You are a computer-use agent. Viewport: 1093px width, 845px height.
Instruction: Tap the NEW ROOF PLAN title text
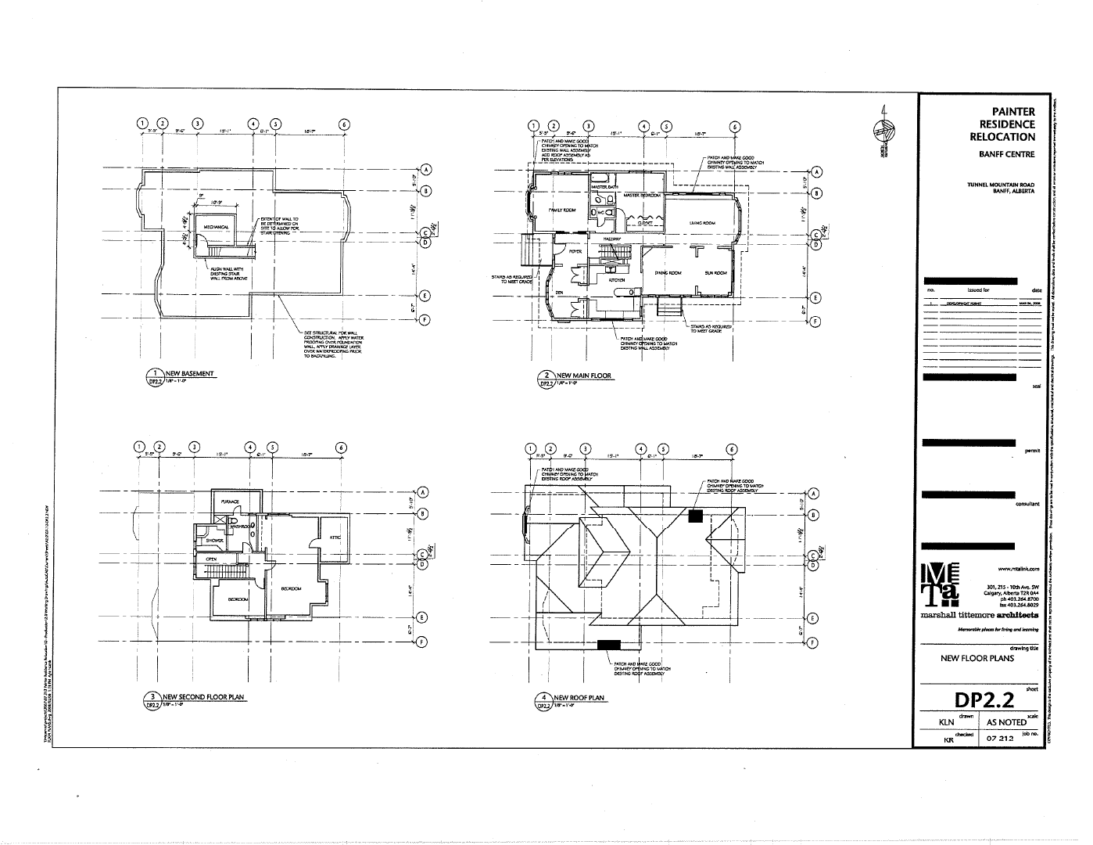point(579,698)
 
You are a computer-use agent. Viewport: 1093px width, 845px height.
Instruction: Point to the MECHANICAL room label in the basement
point(216,227)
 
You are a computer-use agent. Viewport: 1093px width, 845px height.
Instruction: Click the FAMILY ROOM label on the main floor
point(561,210)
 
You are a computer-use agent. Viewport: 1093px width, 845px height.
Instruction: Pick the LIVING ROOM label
point(702,223)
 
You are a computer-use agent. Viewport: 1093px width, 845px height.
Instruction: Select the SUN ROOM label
point(715,273)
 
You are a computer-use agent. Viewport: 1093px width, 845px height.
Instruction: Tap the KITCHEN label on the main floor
point(617,279)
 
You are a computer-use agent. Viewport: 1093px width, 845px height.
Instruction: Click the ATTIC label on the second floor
point(335,537)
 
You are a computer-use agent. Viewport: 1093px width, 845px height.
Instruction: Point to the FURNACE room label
point(230,502)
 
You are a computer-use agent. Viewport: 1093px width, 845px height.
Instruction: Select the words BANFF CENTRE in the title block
point(1006,154)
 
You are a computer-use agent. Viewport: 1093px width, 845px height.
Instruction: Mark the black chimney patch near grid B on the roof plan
point(695,516)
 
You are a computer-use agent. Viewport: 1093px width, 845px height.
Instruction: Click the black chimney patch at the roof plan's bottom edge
point(608,645)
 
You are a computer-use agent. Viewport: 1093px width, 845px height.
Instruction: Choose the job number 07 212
point(1000,739)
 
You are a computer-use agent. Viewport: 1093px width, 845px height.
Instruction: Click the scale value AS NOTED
point(1006,722)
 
